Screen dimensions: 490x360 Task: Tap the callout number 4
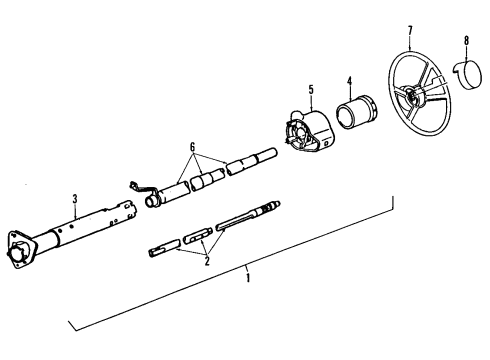(x=349, y=81)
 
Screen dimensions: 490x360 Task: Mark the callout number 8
(x=466, y=43)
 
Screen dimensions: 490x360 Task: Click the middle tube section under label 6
(x=207, y=178)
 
